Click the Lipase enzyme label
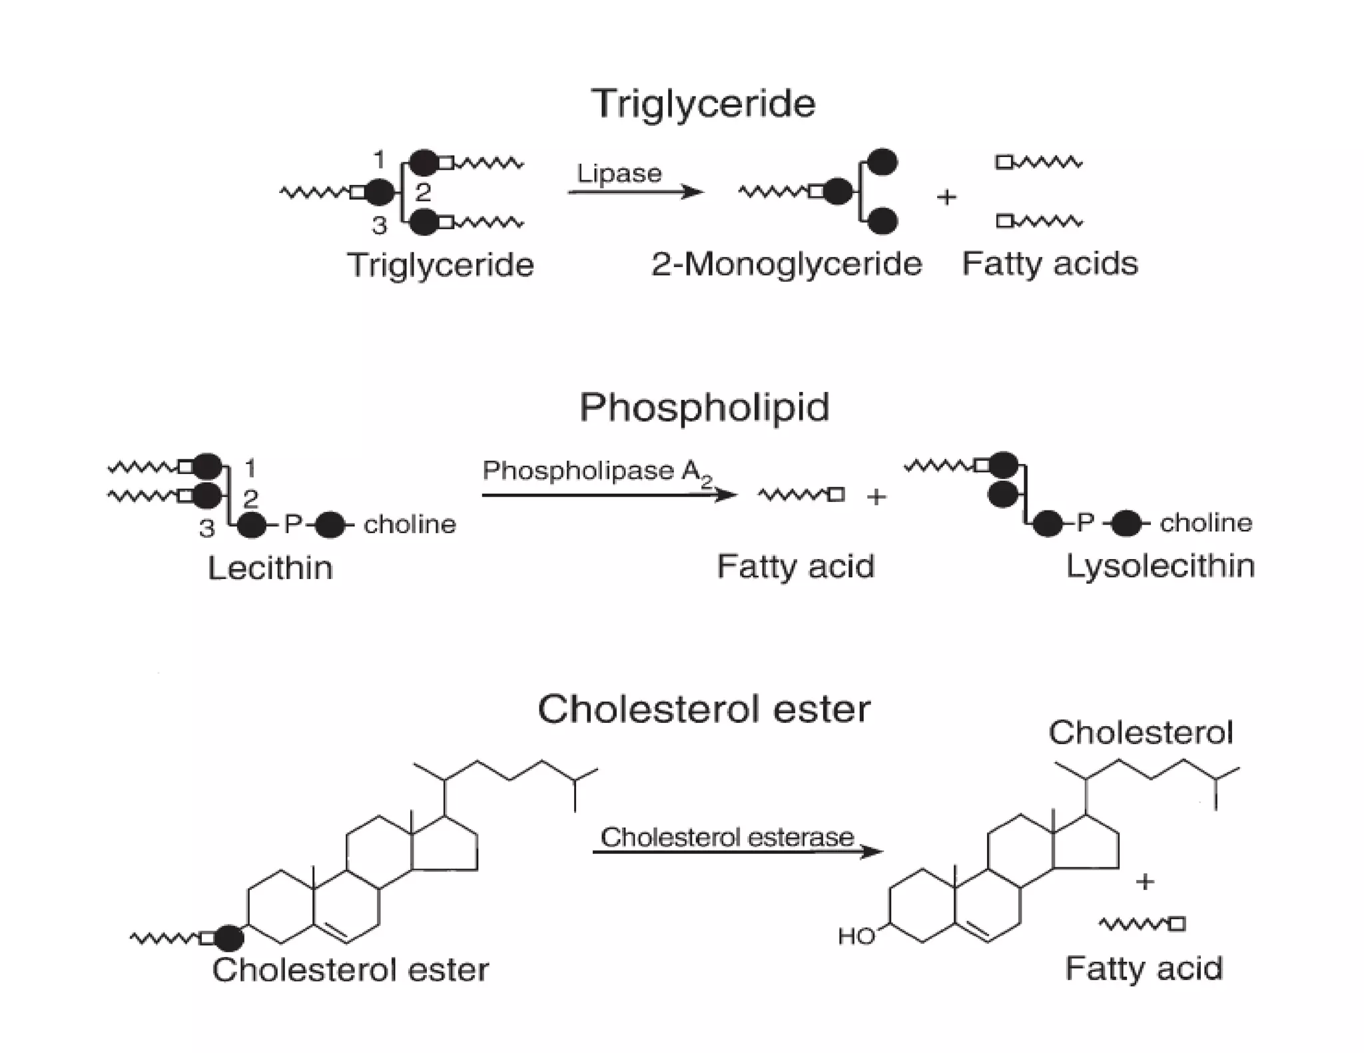(x=619, y=174)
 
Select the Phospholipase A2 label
(x=597, y=472)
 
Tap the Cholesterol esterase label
(x=727, y=837)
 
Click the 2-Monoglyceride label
(x=787, y=264)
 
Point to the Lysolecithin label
(x=1160, y=566)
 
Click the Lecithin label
(x=270, y=568)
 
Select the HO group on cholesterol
(x=856, y=937)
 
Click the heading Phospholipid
(x=704, y=407)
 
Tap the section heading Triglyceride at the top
(x=703, y=104)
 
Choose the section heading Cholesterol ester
(x=703, y=709)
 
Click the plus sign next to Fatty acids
(x=946, y=197)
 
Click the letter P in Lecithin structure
(x=293, y=525)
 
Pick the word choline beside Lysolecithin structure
(x=1205, y=523)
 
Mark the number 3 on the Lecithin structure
(x=207, y=528)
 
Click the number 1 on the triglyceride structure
(x=379, y=160)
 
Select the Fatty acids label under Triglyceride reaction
(x=1050, y=264)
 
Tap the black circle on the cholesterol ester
(x=229, y=938)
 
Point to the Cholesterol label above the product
(x=1140, y=733)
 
